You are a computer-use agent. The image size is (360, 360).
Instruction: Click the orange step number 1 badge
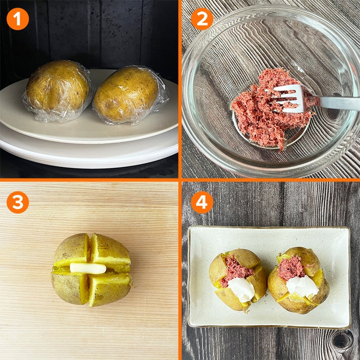[x=17, y=19]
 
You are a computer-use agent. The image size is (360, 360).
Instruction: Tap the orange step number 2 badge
[x=202, y=19]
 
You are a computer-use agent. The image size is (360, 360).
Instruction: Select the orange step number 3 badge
[x=17, y=202]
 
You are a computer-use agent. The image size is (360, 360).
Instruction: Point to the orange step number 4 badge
[x=202, y=202]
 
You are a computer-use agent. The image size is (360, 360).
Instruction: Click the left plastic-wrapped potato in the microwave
[x=57, y=90]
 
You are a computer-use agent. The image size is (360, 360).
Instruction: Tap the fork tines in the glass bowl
[x=287, y=98]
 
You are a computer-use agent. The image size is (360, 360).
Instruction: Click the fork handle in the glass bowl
[x=335, y=102]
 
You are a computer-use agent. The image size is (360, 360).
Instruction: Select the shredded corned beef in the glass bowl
[x=271, y=108]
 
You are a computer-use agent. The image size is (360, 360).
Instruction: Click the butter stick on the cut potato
[x=88, y=268]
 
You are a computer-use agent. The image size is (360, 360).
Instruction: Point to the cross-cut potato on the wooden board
[x=91, y=270]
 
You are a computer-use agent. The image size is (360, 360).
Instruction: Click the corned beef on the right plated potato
[x=291, y=267]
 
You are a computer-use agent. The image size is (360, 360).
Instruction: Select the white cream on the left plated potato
[x=241, y=289]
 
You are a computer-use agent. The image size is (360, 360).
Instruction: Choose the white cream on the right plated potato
[x=302, y=286]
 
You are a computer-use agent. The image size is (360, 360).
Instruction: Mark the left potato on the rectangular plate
[x=238, y=279]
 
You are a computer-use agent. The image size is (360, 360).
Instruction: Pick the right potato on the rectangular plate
[x=298, y=280]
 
